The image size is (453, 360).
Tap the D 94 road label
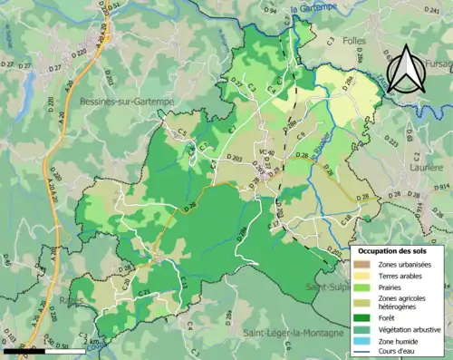click(x=270, y=10)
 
